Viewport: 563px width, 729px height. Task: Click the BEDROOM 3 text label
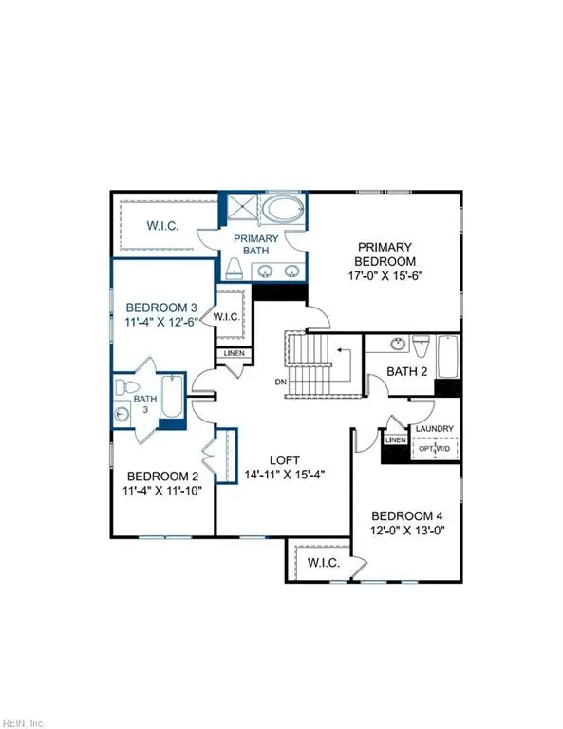coord(161,308)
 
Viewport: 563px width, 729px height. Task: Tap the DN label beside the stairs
coord(279,383)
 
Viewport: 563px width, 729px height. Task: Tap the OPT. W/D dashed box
coord(438,447)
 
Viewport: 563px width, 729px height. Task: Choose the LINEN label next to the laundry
coord(395,440)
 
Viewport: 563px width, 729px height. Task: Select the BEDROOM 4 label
coord(410,515)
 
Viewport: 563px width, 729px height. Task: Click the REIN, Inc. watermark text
coord(27,720)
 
